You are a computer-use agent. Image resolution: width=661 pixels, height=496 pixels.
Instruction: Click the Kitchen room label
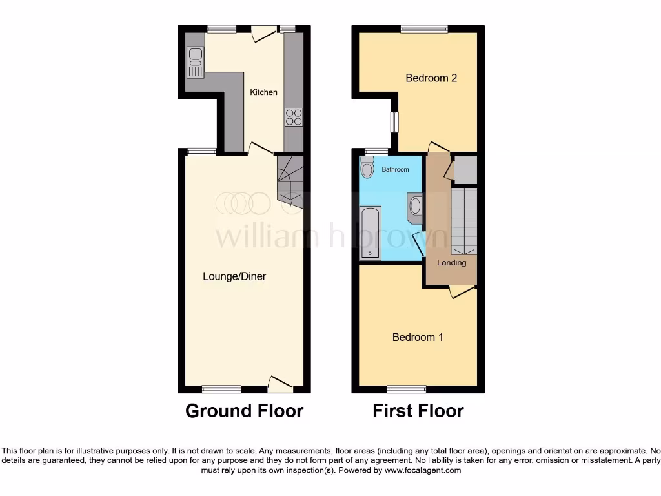tap(264, 92)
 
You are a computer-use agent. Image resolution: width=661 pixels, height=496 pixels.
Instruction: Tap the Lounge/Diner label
tap(234, 276)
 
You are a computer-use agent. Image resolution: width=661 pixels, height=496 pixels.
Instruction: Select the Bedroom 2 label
tap(431, 78)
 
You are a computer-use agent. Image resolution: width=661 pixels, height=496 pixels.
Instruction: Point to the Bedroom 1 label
tap(418, 337)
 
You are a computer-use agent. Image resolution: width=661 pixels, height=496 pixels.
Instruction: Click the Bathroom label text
tap(395, 170)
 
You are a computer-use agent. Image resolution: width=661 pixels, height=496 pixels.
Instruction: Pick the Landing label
tap(451, 263)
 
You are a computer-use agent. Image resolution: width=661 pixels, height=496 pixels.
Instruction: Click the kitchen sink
tap(194, 62)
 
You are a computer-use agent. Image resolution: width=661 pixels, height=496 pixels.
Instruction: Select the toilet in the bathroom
tap(367, 169)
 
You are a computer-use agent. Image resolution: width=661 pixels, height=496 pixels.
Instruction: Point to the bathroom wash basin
tap(415, 205)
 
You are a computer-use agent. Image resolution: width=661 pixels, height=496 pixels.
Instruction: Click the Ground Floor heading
tap(244, 411)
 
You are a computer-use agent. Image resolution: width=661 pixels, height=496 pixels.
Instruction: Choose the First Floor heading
tap(418, 411)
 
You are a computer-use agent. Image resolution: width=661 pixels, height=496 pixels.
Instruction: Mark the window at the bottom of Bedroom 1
tap(407, 389)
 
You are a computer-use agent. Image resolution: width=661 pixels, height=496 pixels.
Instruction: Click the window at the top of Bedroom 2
tap(423, 28)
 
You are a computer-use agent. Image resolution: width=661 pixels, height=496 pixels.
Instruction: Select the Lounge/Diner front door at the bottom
tap(281, 385)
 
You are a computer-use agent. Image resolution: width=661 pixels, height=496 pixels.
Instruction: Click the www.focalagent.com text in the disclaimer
tap(423, 471)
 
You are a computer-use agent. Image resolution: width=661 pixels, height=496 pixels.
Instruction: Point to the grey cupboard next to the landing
tap(464, 169)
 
